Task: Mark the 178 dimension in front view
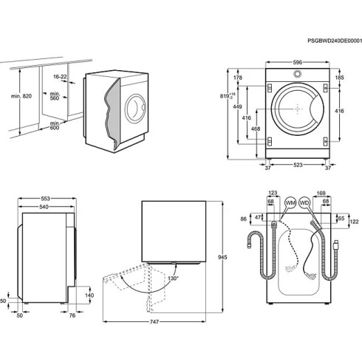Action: pyautogui.click(x=238, y=78)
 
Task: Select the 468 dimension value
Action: pyautogui.click(x=255, y=130)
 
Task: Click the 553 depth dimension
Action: pyautogui.click(x=46, y=199)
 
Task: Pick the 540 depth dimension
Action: pyautogui.click(x=46, y=208)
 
